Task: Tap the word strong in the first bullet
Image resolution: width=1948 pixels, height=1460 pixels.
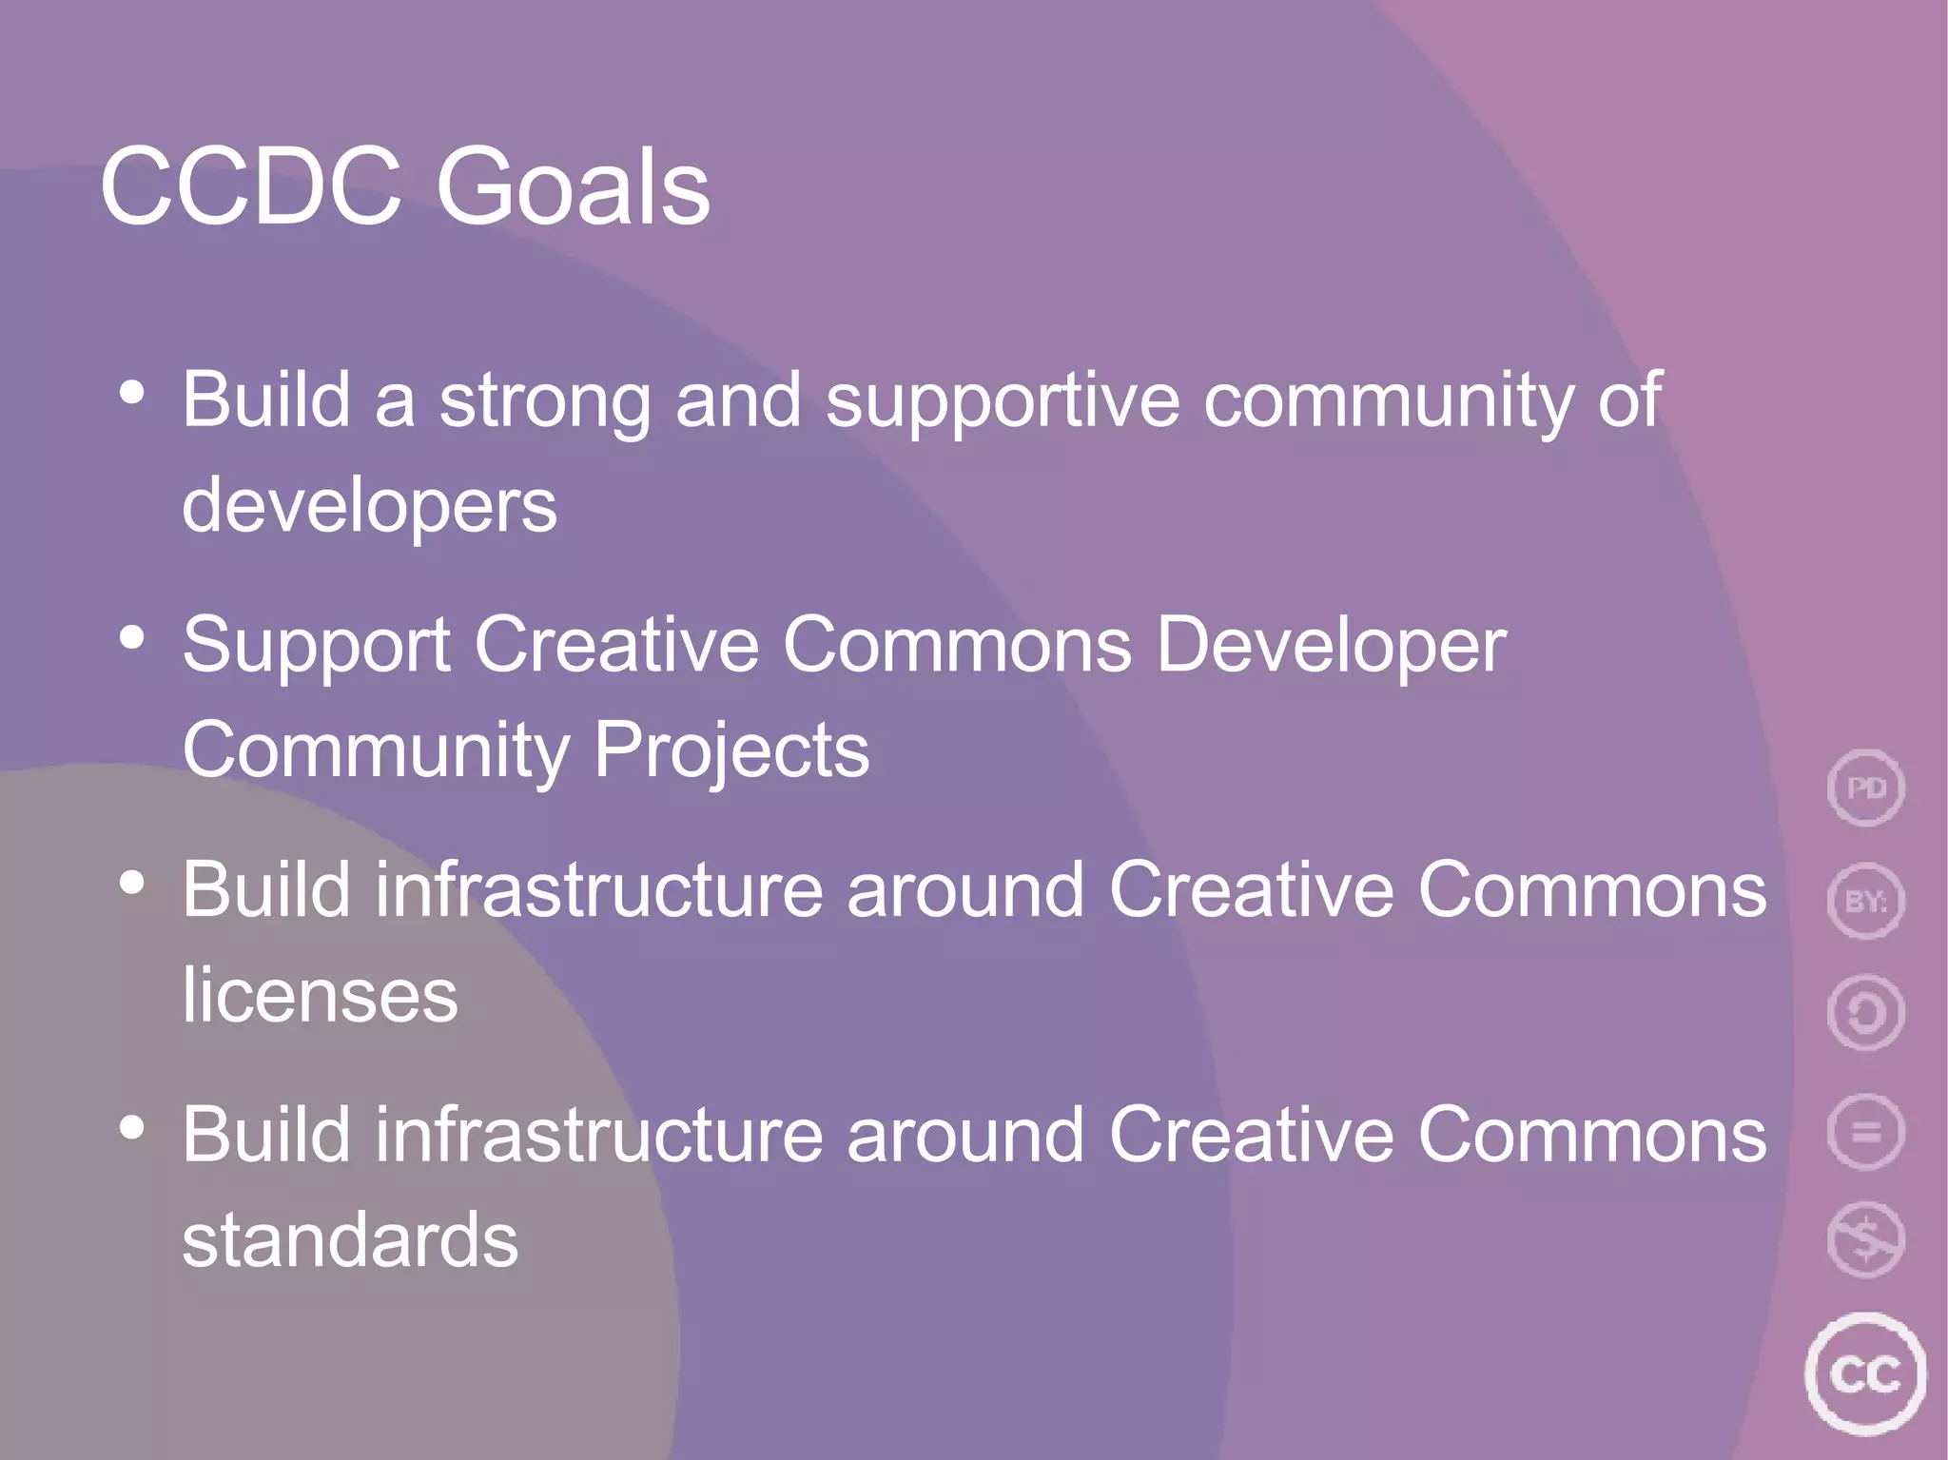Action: pos(544,400)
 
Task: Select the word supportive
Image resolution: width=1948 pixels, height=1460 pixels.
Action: pos(1003,400)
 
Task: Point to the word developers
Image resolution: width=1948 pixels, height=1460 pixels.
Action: pos(369,506)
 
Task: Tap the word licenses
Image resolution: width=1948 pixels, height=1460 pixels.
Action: pos(320,995)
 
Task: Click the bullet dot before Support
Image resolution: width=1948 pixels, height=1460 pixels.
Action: pos(132,637)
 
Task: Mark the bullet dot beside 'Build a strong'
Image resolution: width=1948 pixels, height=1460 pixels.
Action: pos(132,392)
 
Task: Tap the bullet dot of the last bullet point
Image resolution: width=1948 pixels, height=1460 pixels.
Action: pos(132,1127)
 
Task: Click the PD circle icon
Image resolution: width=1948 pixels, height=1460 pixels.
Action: pos(1865,788)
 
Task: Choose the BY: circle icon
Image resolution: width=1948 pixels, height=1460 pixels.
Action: pos(1865,901)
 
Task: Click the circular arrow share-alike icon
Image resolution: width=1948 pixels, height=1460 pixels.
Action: pos(1865,1013)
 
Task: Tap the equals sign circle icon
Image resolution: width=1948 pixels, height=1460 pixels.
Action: pos(1865,1132)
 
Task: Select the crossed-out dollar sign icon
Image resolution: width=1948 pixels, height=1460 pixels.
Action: pos(1865,1240)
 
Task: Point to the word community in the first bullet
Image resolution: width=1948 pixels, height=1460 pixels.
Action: pos(1388,400)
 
